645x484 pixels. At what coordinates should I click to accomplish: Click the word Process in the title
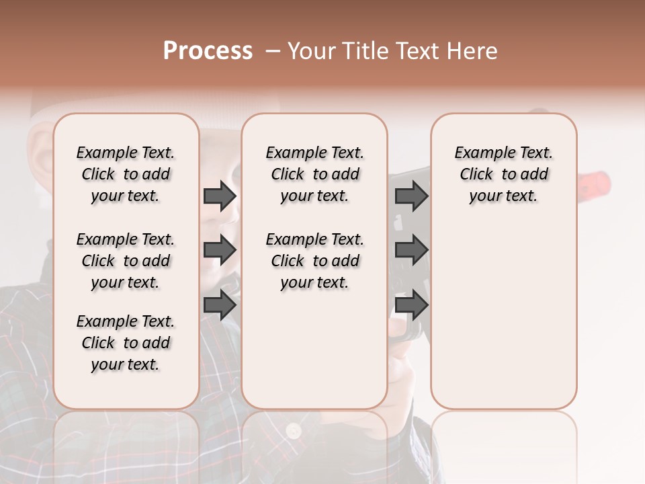[208, 51]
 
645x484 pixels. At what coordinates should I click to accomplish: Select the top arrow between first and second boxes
[220, 196]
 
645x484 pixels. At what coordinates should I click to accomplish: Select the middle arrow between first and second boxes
[220, 251]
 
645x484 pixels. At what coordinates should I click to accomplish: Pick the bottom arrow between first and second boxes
[220, 305]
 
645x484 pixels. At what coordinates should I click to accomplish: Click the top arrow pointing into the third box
[411, 196]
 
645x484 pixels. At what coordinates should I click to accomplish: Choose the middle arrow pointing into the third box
[411, 251]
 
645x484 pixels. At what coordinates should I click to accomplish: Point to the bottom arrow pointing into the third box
[411, 305]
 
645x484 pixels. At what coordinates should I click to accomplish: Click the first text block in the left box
[126, 174]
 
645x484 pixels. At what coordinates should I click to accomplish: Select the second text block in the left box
[126, 261]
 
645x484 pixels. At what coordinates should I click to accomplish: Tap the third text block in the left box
[126, 343]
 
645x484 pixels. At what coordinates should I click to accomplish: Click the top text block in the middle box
[315, 174]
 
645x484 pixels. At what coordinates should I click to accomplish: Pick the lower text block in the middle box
[315, 261]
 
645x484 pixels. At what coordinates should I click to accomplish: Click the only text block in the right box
[504, 174]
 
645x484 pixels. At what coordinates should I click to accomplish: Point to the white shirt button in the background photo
[293, 430]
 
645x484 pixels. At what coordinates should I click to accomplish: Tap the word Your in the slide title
[312, 51]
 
